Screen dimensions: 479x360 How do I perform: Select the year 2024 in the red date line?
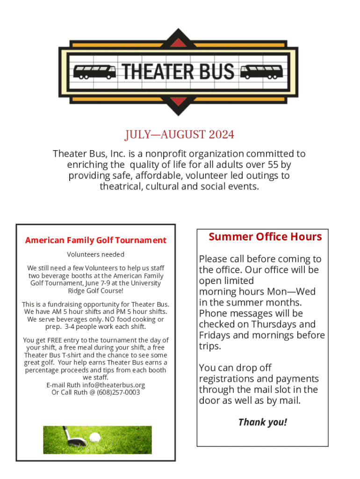(x=222, y=135)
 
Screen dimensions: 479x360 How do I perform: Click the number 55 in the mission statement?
(x=274, y=165)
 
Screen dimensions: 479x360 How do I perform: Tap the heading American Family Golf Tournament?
(x=95, y=240)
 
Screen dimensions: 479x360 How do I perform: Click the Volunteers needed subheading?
(x=95, y=254)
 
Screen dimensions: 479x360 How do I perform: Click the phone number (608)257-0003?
(x=118, y=392)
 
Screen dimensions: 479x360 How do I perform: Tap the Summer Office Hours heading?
(x=265, y=237)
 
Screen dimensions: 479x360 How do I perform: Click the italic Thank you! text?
(x=262, y=422)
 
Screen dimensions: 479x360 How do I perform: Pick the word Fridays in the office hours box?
(x=215, y=335)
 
